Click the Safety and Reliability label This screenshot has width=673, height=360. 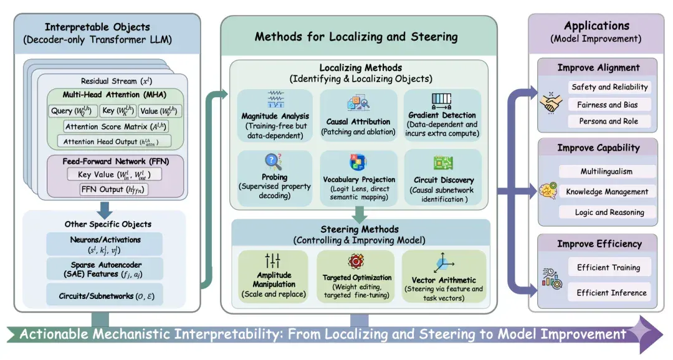[609, 87]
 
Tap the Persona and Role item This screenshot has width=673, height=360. [609, 121]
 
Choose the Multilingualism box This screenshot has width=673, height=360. [607, 172]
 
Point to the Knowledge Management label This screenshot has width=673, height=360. [607, 192]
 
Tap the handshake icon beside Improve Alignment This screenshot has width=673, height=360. [551, 103]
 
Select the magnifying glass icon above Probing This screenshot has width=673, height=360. [273, 162]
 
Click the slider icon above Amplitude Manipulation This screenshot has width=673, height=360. [272, 260]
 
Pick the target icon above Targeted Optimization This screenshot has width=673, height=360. [356, 261]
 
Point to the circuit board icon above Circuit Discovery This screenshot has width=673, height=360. [444, 163]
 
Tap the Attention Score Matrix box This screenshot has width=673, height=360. [115, 126]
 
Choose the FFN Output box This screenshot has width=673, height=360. [114, 189]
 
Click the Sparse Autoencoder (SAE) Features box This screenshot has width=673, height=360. [104, 270]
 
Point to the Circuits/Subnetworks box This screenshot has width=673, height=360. [104, 296]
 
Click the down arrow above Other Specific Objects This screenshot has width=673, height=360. [104, 210]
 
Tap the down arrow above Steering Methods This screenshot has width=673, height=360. [360, 214]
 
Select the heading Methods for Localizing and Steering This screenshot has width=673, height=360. [356, 37]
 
